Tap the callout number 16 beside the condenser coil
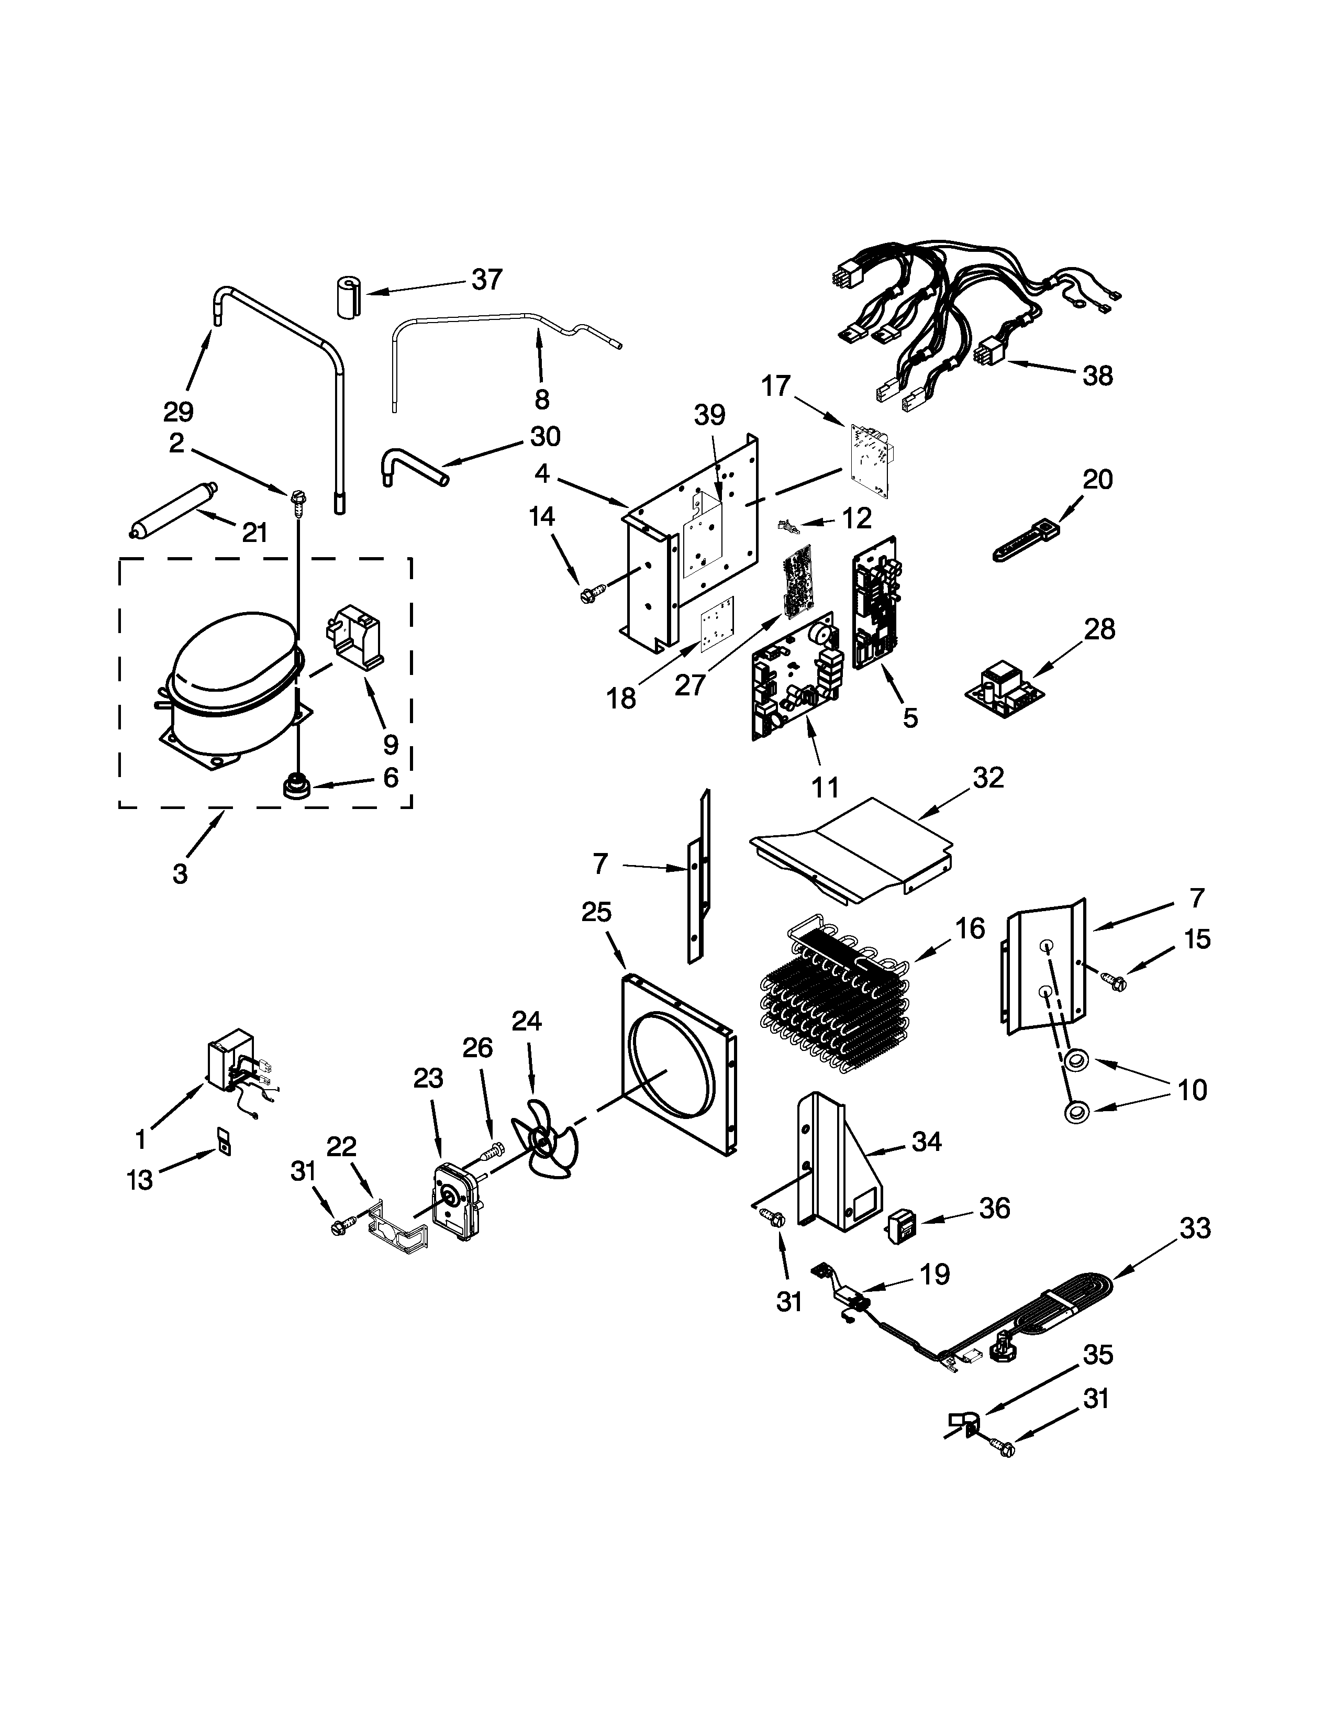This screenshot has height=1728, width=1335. [x=970, y=927]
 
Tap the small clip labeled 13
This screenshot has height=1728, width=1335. [x=225, y=1146]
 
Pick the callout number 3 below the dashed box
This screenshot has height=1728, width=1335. [x=180, y=873]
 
